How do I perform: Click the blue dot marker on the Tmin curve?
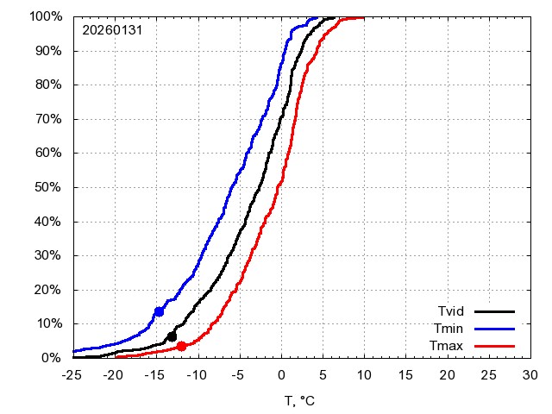click(x=159, y=311)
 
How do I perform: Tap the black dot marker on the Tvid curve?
click(x=172, y=336)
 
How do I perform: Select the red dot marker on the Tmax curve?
click(x=181, y=346)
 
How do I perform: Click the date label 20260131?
click(x=112, y=29)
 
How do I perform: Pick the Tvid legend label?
click(x=451, y=311)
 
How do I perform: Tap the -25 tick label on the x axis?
click(x=73, y=375)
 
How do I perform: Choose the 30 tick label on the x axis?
click(x=530, y=375)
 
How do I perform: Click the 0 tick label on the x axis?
click(x=280, y=375)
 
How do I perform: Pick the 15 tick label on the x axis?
click(x=405, y=375)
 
